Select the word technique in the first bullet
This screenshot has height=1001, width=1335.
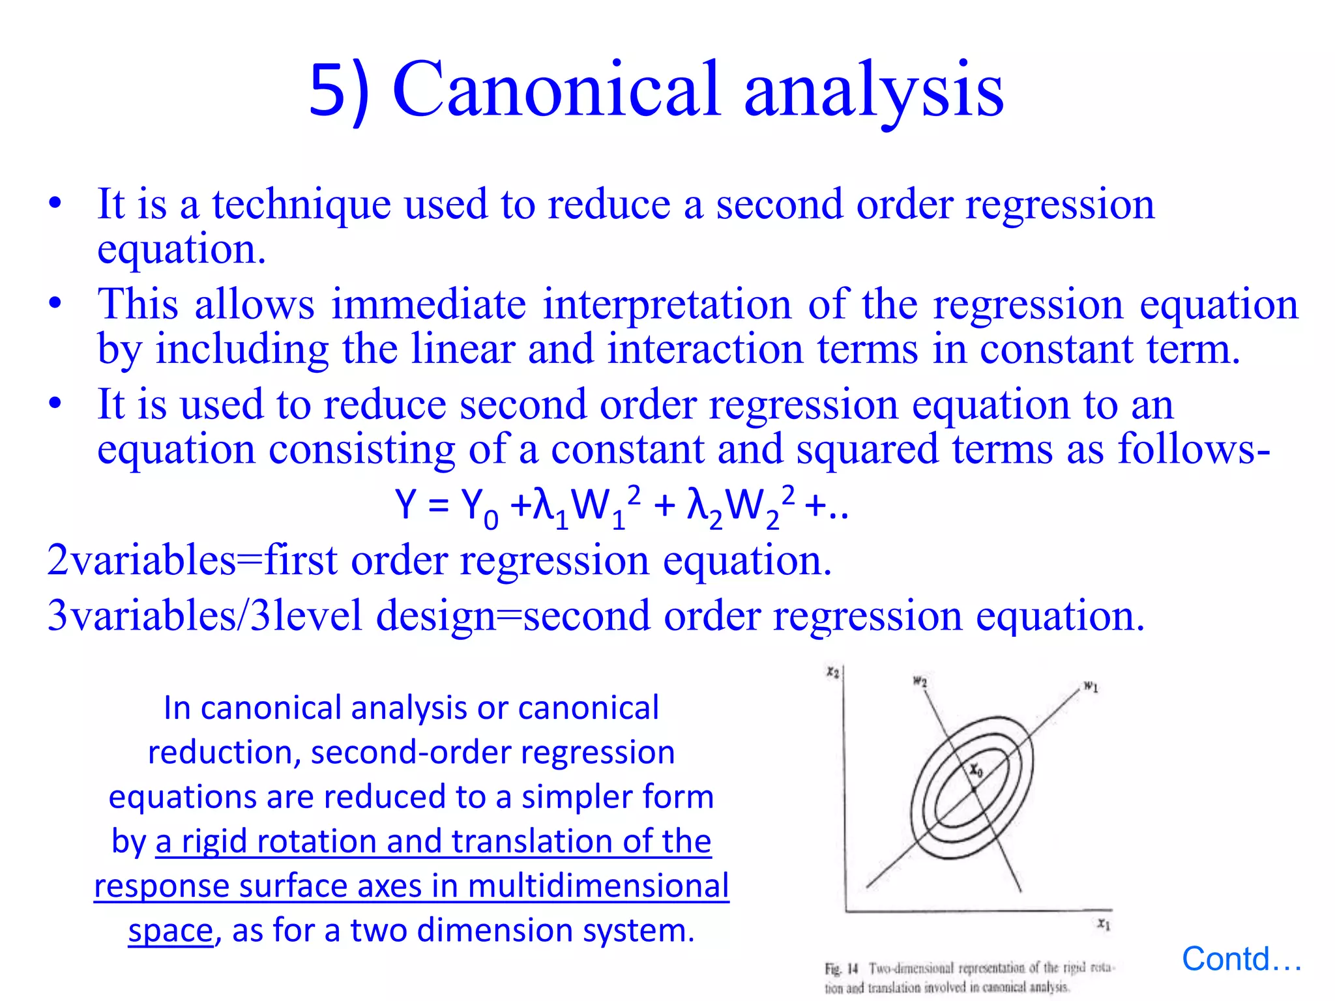[301, 204]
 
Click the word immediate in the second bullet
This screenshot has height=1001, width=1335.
[428, 304]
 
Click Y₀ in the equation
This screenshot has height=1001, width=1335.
[478, 507]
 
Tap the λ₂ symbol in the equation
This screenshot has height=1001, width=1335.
[703, 507]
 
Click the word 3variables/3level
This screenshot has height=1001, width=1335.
[204, 616]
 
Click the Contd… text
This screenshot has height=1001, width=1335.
[1241, 959]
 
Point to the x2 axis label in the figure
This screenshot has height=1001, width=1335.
[832, 672]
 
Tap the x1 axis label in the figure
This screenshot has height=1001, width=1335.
[1103, 923]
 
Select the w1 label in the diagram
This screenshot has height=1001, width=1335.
[1091, 686]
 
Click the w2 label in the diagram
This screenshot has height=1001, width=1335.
[919, 682]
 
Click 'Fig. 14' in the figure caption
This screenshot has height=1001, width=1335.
[841, 968]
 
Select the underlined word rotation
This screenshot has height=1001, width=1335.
[319, 841]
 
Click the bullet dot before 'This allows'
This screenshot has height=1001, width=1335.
[55, 304]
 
